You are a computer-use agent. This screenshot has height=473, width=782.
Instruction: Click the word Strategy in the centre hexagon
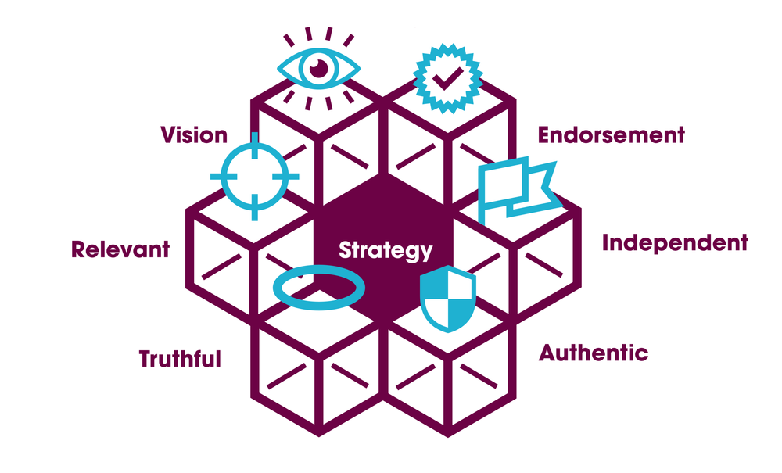click(x=385, y=250)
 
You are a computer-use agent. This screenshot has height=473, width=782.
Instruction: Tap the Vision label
click(x=194, y=134)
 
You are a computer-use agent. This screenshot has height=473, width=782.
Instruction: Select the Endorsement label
click(x=611, y=134)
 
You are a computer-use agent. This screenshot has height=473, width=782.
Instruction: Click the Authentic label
click(x=594, y=353)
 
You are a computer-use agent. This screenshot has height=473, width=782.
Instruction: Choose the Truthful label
click(x=180, y=359)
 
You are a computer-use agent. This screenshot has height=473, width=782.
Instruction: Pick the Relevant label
click(x=120, y=249)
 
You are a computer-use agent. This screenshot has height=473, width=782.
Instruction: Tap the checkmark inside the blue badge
click(x=443, y=77)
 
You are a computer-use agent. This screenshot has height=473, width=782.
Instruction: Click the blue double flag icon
click(x=518, y=190)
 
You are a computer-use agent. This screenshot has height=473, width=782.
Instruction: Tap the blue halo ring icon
click(x=318, y=287)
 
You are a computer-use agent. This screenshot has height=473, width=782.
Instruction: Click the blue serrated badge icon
click(x=443, y=78)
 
